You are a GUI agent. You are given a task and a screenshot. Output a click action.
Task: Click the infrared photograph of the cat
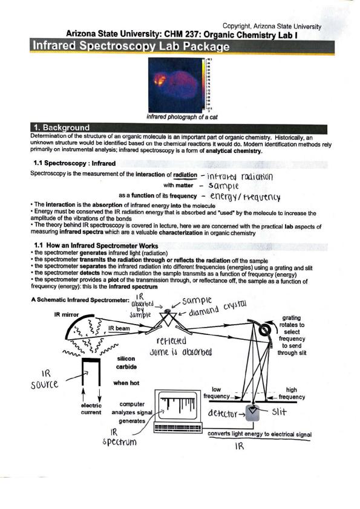177,85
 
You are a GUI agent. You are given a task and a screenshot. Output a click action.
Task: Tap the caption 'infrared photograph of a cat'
182,117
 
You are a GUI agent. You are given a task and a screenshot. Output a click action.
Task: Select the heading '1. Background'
61,128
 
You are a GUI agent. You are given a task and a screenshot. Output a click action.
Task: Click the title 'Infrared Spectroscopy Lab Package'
131,46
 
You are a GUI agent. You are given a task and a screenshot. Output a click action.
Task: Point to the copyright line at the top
272,26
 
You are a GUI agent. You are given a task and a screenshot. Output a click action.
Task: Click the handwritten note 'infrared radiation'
240,177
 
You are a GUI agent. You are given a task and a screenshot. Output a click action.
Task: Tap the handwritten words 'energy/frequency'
245,196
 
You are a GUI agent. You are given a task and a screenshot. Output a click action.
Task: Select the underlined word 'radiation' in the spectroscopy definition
185,175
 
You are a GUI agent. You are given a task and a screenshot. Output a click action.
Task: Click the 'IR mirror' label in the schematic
67,314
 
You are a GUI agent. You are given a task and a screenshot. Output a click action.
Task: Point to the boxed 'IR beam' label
119,328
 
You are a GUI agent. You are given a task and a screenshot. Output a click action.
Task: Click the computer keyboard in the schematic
178,427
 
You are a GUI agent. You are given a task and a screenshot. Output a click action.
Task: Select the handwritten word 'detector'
222,413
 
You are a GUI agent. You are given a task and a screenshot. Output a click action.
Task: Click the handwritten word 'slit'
279,412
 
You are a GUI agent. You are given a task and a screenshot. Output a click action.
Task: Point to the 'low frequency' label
217,393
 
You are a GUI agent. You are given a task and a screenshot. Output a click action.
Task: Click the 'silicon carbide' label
126,363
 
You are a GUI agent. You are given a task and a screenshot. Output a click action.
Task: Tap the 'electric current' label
91,409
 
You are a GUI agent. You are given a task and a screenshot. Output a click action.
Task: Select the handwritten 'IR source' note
45,379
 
